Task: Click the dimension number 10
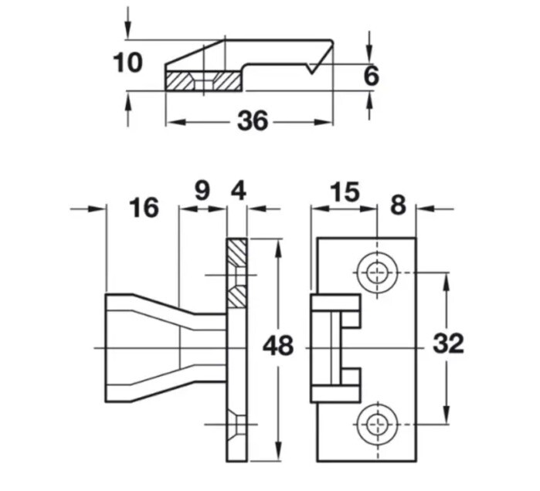coord(128,62)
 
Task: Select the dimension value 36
coord(252,121)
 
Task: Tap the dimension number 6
coord(371,76)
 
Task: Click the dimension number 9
coord(202,191)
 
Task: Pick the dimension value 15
coord(345,191)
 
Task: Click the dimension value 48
coord(278,346)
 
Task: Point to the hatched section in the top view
coord(202,80)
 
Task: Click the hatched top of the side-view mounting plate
coord(237,251)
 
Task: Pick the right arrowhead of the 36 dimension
coord(328,121)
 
